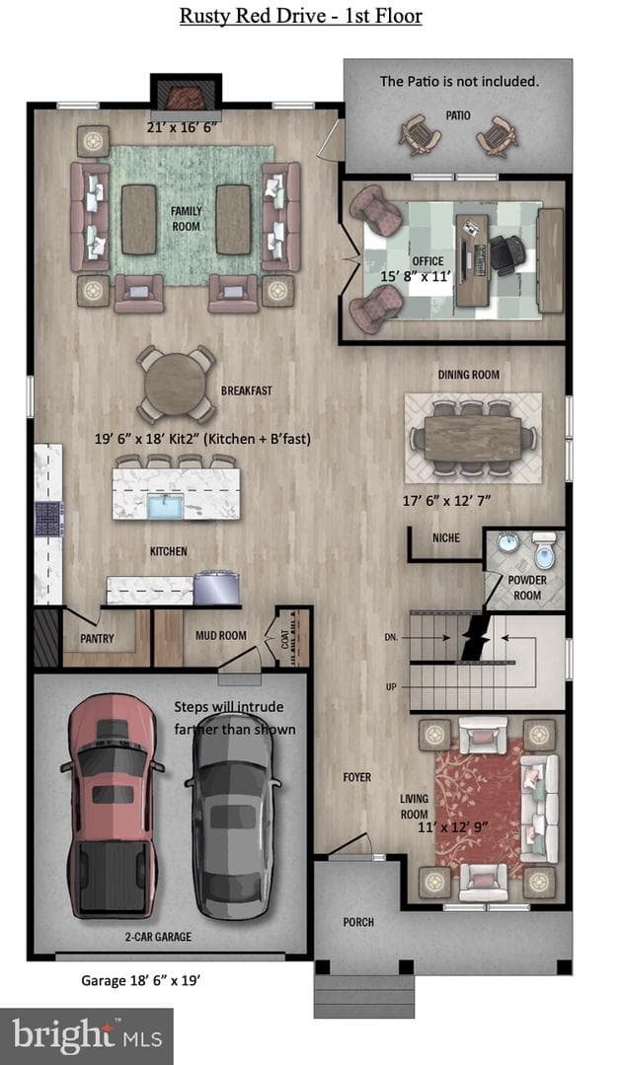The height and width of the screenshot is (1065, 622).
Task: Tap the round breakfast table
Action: (176, 384)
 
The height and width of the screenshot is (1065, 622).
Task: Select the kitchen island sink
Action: (165, 507)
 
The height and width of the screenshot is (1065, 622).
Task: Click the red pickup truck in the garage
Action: (113, 806)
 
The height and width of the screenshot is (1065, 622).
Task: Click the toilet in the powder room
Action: (545, 551)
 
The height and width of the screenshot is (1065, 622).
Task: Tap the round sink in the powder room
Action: (506, 544)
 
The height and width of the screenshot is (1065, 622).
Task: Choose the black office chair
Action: (506, 254)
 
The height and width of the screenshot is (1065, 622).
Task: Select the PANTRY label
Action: (97, 638)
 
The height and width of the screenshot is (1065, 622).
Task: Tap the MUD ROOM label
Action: (221, 636)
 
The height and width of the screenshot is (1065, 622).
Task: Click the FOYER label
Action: (356, 777)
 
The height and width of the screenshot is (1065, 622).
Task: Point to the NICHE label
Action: (446, 538)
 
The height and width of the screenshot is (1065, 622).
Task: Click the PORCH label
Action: (358, 922)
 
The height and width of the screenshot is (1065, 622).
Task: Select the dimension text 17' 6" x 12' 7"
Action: (446, 501)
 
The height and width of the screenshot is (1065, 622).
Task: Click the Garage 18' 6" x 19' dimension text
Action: (140, 981)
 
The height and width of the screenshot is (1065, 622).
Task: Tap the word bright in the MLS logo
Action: (63, 1035)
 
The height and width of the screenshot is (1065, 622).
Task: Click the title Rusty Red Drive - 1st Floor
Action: (300, 17)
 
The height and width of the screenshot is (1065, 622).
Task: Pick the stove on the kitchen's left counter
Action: (49, 520)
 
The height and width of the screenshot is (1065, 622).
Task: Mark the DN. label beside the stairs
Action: (392, 638)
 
